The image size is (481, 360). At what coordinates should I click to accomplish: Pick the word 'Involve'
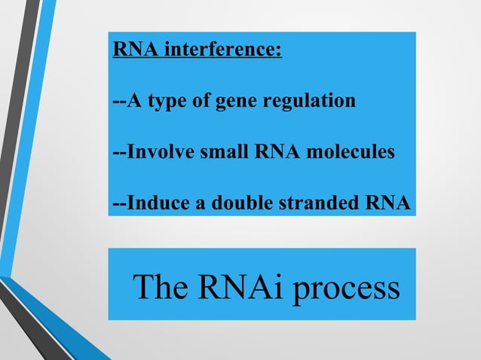tap(157, 152)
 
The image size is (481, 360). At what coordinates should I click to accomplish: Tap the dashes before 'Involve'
tap(118, 153)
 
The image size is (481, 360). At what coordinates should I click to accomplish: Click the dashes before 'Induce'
tap(118, 204)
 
